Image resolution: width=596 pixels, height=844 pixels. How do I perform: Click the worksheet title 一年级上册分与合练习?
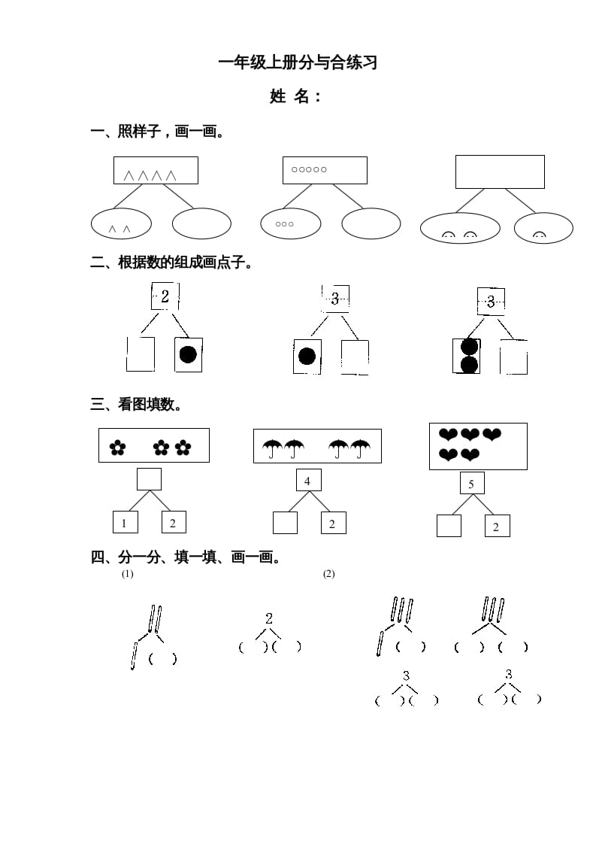click(298, 63)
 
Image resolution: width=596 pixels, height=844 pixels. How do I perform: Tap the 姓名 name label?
click(295, 96)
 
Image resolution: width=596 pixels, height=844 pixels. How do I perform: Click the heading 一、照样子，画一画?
click(158, 132)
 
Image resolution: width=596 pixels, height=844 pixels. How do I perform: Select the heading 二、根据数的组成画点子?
click(171, 263)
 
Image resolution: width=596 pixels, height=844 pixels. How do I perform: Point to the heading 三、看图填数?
click(136, 405)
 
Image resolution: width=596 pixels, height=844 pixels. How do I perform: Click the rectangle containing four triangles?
click(156, 171)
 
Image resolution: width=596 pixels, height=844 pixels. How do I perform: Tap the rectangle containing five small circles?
click(325, 170)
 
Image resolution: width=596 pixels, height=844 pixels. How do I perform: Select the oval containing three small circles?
click(290, 223)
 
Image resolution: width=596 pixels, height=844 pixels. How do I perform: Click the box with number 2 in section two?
click(165, 296)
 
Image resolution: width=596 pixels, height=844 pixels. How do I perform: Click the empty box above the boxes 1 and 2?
click(149, 478)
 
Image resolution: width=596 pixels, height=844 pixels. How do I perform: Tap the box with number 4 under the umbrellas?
click(307, 481)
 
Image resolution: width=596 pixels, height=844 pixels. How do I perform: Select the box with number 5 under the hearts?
click(471, 484)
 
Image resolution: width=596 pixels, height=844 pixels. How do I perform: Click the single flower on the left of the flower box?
click(117, 448)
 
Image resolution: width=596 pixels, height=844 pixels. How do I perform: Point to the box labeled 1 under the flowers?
click(125, 522)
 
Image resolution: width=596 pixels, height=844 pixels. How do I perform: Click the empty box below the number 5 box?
click(449, 525)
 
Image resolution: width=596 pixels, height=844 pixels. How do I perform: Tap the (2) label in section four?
click(328, 574)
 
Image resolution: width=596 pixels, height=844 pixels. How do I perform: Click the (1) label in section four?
click(127, 574)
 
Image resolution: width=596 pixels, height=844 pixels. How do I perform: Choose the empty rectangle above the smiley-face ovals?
click(500, 172)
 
